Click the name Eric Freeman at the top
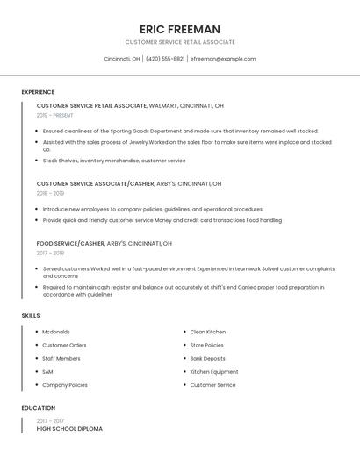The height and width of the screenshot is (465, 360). coord(180,29)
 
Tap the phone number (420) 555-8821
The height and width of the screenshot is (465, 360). coord(165,59)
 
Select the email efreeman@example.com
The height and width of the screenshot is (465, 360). coord(223,59)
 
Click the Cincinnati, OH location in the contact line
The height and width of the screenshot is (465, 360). coord(122,59)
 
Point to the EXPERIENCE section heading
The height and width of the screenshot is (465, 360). coord(38,92)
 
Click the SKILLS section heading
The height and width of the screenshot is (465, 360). coord(31,315)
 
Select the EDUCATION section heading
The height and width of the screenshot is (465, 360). coord(39,408)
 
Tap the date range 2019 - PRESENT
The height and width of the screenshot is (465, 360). coord(55,115)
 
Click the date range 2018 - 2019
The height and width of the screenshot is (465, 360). coord(51,193)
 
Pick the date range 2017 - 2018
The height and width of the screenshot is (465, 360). coord(51,253)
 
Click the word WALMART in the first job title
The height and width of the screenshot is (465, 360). coord(163,105)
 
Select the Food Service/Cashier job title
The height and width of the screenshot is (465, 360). coord(70,243)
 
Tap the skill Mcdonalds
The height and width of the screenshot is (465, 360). coord(56,332)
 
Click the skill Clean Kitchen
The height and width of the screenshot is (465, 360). coord(208,332)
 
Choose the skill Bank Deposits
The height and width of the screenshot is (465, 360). coord(208,358)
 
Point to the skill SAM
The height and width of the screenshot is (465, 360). coord(47,371)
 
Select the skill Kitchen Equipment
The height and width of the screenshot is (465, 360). coord(214,371)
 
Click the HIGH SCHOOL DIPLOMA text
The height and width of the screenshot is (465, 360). coord(69,429)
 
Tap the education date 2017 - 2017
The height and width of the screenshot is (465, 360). coord(51,420)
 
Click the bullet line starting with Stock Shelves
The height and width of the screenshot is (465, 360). coord(114,161)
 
